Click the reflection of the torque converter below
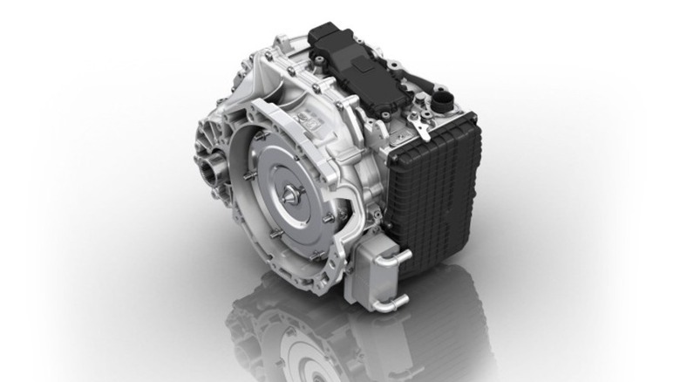coord(301,349)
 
